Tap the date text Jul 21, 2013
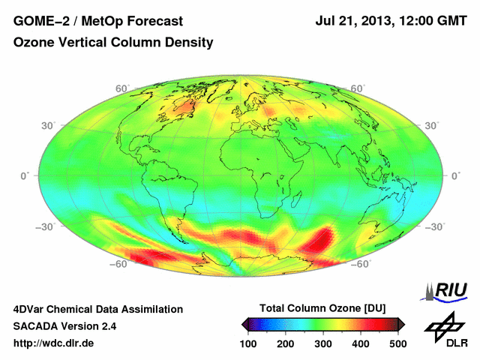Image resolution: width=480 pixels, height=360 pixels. point(352,21)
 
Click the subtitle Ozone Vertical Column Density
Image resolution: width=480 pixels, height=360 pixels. point(113,43)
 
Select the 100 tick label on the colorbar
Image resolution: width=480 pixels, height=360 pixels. point(249,343)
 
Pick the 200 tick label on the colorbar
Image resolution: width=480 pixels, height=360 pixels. point(286,343)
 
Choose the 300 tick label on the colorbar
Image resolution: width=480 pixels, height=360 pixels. point(323,343)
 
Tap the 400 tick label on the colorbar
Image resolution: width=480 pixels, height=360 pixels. point(360,343)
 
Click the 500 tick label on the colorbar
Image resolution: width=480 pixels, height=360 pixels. point(397,343)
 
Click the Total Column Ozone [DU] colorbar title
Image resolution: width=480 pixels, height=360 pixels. point(323,308)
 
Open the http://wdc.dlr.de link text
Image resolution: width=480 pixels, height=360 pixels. point(54,343)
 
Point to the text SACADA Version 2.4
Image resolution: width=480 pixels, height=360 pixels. point(64,326)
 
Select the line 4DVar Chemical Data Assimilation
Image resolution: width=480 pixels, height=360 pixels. point(98,309)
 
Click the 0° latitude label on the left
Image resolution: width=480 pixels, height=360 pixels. point(24,175)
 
